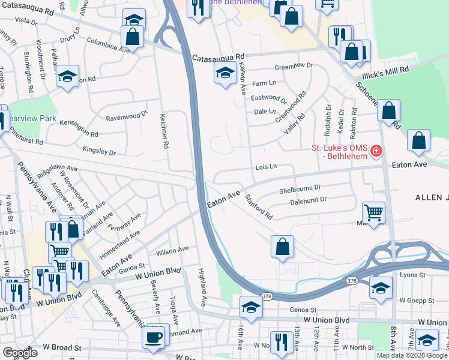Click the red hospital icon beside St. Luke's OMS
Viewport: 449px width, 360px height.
[x=376, y=150]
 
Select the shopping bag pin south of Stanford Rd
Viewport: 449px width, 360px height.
[x=282, y=246]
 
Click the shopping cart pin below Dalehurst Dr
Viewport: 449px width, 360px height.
[x=373, y=212]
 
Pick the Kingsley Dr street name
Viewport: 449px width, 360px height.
[x=98, y=150]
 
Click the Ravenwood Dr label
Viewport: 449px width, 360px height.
[x=126, y=115]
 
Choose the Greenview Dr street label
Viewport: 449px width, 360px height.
[x=294, y=65]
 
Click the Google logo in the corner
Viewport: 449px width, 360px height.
[x=19, y=353]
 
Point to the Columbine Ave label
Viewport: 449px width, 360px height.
[x=109, y=46]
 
